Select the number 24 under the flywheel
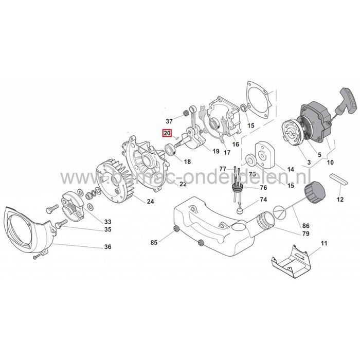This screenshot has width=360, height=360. (x=150, y=201)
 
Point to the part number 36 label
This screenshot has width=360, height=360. (x=107, y=247)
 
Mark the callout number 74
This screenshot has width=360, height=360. (x=263, y=199)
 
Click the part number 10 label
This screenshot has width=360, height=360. (x=329, y=163)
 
